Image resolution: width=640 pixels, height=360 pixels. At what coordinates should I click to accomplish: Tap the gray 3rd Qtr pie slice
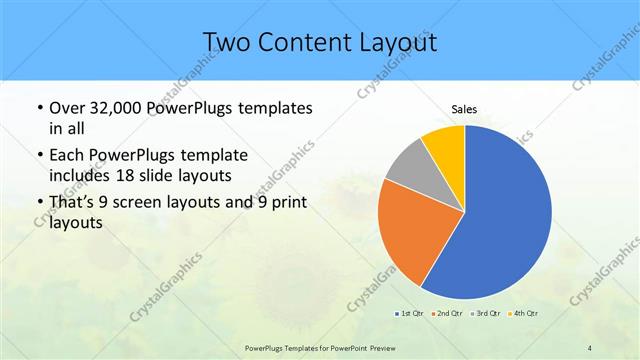pos(408,166)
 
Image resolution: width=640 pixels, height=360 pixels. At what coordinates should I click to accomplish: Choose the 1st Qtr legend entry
pos(409,314)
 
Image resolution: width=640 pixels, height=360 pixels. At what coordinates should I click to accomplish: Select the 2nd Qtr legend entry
pos(446,314)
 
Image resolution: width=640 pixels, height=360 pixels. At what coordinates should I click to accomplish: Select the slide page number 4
pos(590,347)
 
